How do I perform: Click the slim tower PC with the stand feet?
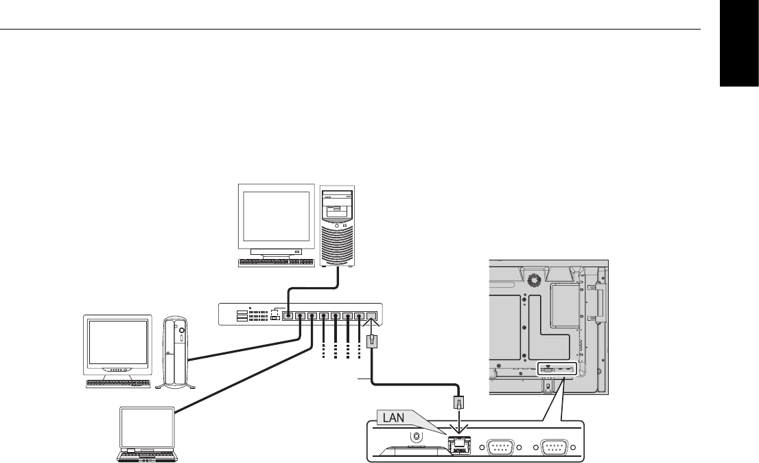tap(175, 352)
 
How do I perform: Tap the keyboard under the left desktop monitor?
tap(119, 383)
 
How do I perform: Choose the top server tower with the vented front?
tap(337, 226)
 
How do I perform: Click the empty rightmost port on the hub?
tap(371, 316)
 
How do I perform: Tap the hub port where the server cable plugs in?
tap(288, 317)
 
